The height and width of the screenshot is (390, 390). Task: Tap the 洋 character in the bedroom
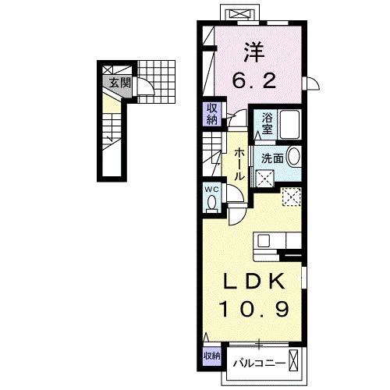click(254, 52)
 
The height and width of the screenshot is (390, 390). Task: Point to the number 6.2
click(254, 80)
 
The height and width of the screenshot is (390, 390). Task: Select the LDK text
click(254, 282)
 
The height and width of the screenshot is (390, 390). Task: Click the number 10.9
click(254, 309)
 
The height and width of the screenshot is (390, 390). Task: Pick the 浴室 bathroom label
click(267, 123)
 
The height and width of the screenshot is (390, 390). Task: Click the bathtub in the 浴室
click(289, 124)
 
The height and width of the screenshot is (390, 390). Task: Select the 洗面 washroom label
click(272, 158)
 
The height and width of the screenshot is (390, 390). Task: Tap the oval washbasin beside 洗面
click(294, 157)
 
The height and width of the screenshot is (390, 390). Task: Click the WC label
click(212, 190)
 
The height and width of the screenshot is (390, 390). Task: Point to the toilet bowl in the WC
click(211, 202)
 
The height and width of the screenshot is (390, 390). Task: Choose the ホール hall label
click(239, 165)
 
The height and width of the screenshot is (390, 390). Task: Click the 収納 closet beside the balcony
click(212, 356)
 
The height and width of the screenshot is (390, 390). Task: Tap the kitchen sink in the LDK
click(264, 241)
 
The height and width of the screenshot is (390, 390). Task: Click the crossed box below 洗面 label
click(264, 179)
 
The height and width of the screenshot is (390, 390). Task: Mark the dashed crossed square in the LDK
click(291, 197)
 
